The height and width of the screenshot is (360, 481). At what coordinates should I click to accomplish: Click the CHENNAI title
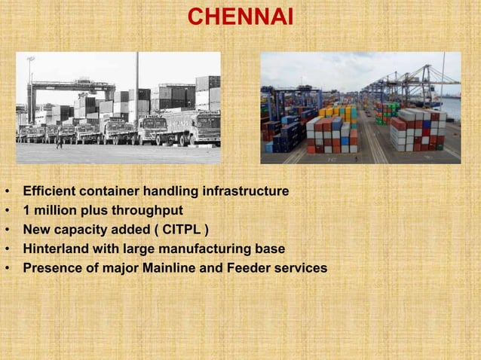tap(240, 17)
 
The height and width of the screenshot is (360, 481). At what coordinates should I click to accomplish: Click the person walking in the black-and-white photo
tap(59, 140)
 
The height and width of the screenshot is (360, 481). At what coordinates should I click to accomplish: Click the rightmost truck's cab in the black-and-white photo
tap(206, 128)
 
